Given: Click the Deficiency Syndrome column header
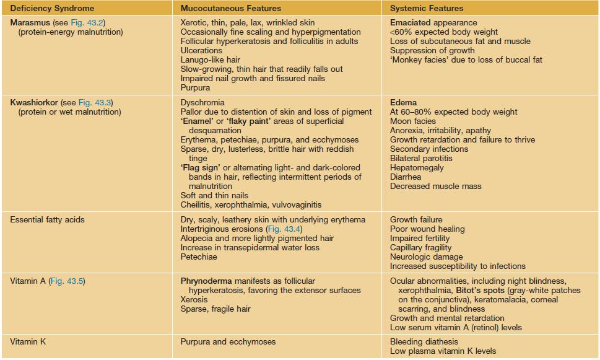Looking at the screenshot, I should point(53,9).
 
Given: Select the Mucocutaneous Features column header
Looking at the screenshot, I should point(230,9).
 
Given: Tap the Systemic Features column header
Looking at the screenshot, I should point(427,9).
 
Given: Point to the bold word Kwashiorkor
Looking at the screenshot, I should point(34,102).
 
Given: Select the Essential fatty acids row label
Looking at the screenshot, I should point(48,219).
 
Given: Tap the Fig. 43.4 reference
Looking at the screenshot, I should point(284,229).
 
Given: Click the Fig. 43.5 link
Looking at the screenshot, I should point(65,281).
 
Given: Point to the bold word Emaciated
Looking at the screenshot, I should point(410,22).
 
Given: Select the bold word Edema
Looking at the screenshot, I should point(403,102).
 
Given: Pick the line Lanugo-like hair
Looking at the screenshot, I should point(211,59).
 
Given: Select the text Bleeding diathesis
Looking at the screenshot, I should point(424,341).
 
